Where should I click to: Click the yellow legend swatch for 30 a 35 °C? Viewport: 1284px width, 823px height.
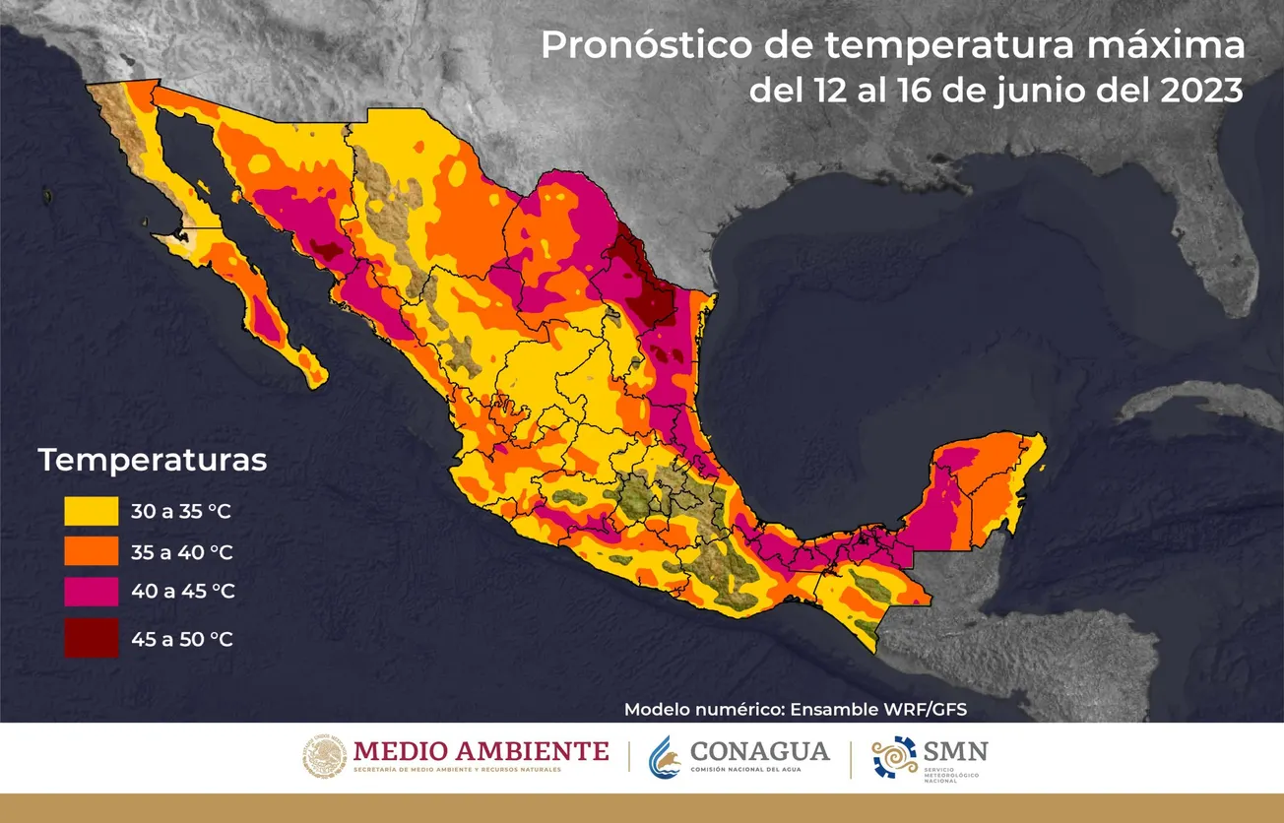coord(91,511)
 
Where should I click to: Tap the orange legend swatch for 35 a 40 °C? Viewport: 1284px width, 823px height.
coord(91,551)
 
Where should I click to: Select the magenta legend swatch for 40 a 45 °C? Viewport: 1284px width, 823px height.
coord(91,592)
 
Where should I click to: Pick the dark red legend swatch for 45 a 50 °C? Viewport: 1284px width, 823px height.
coord(91,638)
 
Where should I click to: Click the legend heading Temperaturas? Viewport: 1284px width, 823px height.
coord(153,460)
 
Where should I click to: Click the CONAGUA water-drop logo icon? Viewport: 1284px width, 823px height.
coord(665,758)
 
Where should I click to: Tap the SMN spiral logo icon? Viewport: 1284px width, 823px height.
coord(894,758)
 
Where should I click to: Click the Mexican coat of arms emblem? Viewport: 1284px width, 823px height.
coord(324,758)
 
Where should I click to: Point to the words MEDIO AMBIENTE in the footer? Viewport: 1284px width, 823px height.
coord(481,751)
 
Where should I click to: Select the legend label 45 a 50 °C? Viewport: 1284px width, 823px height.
coord(182,639)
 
